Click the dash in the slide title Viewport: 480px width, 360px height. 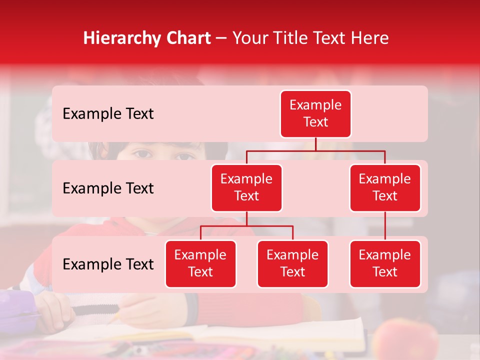tap(221, 38)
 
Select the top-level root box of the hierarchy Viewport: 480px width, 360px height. tap(315, 113)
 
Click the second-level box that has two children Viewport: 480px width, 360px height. tap(246, 187)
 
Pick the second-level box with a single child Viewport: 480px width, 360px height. tap(385, 187)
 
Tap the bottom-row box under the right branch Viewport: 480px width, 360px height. tap(385, 263)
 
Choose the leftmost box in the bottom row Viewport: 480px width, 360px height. tap(200, 263)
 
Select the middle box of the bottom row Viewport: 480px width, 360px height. tap(292, 263)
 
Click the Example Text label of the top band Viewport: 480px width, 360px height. tap(108, 114)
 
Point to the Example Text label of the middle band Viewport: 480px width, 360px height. tap(108, 188)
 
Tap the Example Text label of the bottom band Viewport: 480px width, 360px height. tap(108, 264)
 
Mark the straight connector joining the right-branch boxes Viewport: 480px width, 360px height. tap(385, 225)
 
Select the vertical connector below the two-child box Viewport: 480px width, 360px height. tap(246, 218)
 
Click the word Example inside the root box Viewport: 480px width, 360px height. tap(315, 105)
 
